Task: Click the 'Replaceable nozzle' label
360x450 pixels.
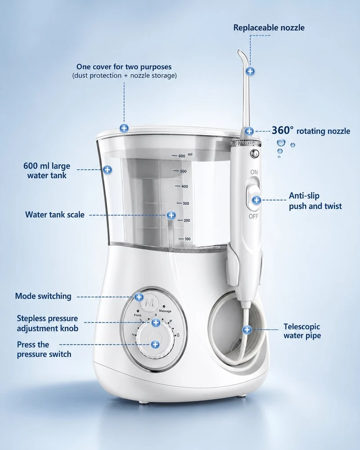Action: (x=269, y=27)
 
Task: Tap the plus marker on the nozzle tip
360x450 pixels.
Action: (x=250, y=71)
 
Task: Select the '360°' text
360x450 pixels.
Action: (x=283, y=130)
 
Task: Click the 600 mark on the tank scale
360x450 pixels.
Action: (x=182, y=156)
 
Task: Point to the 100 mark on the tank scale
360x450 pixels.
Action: (x=188, y=239)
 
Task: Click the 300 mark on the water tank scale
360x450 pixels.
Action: (x=186, y=203)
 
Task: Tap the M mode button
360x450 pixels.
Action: (x=149, y=303)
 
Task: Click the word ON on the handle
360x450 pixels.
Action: (x=254, y=172)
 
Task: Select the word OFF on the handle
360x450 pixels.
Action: (x=253, y=216)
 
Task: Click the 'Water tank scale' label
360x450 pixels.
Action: (x=55, y=215)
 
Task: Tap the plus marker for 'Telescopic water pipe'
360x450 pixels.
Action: (x=247, y=330)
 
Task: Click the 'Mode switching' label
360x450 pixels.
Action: (x=43, y=296)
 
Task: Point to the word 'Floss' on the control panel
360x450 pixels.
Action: (x=138, y=315)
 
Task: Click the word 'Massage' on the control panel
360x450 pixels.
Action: (x=165, y=311)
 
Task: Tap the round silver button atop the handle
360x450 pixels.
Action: (x=255, y=153)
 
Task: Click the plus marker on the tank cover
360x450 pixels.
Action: (x=124, y=128)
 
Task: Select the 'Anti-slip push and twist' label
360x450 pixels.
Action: (x=315, y=201)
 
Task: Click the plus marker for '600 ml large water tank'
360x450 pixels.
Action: (x=108, y=170)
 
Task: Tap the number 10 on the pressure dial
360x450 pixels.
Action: (x=178, y=335)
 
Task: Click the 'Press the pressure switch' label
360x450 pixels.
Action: (x=44, y=349)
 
